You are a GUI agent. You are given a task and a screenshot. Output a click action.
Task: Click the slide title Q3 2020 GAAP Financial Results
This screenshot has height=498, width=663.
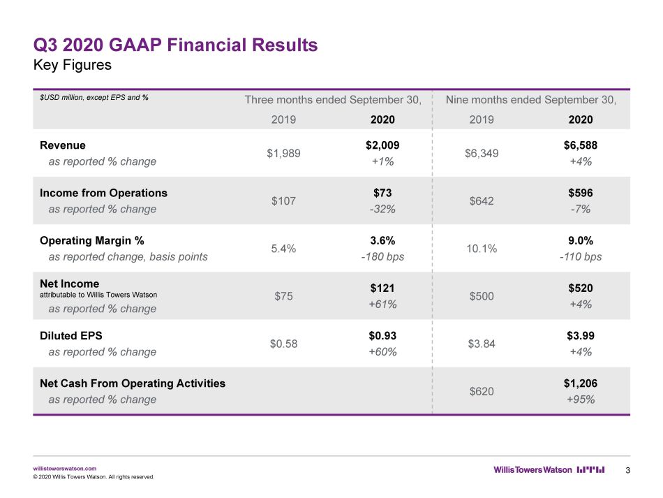(x=175, y=45)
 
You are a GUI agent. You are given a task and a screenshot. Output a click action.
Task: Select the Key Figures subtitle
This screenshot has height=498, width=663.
(x=73, y=65)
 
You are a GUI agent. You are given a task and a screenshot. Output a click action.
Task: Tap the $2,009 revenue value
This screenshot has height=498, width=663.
(x=382, y=145)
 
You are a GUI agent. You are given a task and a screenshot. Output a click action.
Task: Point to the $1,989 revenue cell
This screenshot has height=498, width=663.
(x=283, y=153)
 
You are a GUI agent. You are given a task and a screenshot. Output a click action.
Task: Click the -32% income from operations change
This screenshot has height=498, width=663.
(x=382, y=209)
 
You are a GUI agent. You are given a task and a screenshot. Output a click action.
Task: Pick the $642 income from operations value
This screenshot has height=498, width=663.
(x=482, y=201)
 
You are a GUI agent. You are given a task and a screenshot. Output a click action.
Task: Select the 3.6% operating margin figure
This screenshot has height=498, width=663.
(x=382, y=240)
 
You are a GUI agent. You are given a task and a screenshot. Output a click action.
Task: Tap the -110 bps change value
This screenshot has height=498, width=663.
(x=581, y=256)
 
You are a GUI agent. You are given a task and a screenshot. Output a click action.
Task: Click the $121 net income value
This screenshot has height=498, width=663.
(x=382, y=288)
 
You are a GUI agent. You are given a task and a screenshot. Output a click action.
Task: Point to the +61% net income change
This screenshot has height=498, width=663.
(x=382, y=305)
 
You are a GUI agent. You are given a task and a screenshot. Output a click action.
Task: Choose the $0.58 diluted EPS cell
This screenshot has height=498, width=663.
(x=283, y=344)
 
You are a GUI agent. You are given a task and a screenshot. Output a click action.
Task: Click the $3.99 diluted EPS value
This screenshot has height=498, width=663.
(x=581, y=335)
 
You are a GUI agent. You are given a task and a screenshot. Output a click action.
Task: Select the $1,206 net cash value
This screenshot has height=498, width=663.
(x=581, y=383)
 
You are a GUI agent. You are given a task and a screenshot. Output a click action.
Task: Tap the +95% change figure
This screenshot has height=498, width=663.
(x=581, y=400)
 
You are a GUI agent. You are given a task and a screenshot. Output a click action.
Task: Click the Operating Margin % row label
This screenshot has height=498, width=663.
(x=91, y=240)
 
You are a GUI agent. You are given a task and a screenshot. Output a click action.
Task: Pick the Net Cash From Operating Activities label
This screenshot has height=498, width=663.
(x=133, y=383)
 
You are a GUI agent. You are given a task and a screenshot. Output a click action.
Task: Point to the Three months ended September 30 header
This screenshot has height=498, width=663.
(x=333, y=100)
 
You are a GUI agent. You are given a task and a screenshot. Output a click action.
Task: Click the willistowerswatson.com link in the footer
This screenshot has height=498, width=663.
(x=65, y=469)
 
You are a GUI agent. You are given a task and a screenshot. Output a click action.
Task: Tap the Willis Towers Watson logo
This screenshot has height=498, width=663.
(x=549, y=469)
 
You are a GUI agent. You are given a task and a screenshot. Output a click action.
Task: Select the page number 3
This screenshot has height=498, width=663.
(x=628, y=470)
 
